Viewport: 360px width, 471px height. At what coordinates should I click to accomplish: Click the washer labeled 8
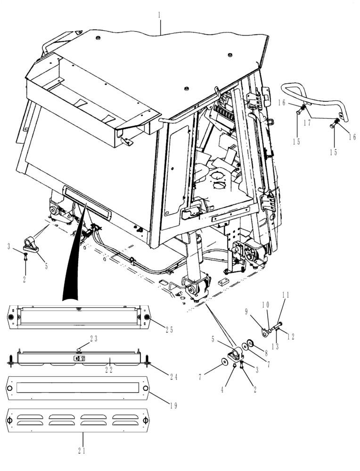pyautogui.click(x=249, y=343)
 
